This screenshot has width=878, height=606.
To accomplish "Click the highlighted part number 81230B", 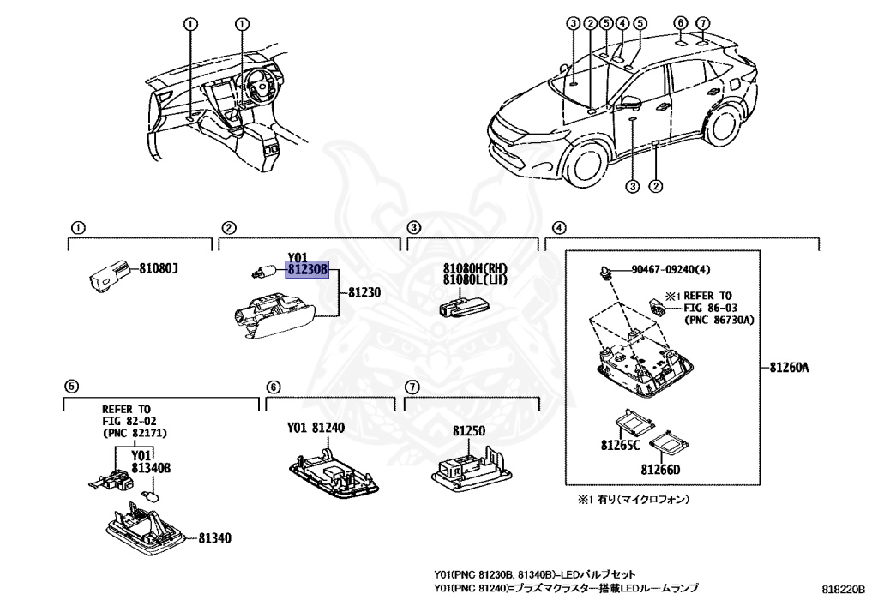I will pos(308,269).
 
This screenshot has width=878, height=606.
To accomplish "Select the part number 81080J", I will pos(159,270).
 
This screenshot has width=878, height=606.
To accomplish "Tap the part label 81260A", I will pos(789,368).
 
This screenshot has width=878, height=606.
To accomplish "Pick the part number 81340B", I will pos(152,468).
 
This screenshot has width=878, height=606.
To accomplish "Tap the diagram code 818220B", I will pos(843,589).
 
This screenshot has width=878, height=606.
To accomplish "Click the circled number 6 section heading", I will pos(273,387).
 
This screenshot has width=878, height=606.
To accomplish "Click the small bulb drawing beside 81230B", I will pos(262,273).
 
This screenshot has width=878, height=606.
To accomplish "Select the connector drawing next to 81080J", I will pos(106,276).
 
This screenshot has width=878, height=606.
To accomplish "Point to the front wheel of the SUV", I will pos(587,166).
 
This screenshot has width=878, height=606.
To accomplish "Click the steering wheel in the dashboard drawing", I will pos(255,83).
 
